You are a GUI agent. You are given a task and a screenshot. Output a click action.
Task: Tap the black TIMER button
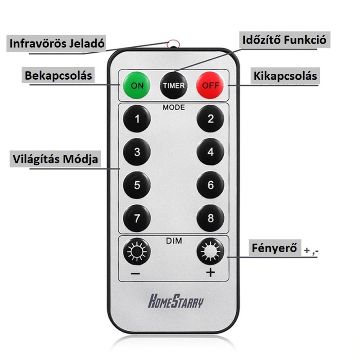[x=174, y=85]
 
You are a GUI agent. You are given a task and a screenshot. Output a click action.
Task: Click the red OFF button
[x=210, y=85]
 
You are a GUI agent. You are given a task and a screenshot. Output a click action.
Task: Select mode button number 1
[x=137, y=118]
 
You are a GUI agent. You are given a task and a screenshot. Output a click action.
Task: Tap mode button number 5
[x=137, y=185]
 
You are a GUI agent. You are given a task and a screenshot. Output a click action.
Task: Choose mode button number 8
[x=210, y=218]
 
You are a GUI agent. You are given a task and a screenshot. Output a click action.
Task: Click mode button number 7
[x=137, y=218]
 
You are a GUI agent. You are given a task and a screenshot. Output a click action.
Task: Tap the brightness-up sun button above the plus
[x=210, y=251]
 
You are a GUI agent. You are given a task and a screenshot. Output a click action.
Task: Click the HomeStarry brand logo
[x=176, y=301]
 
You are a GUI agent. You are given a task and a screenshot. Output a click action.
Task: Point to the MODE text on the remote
[x=174, y=107]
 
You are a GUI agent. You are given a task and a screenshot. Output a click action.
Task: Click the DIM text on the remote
[x=174, y=241]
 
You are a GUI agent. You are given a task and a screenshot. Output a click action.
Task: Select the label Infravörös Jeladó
[x=57, y=43]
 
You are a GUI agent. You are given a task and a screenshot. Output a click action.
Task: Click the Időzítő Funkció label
[x=284, y=40]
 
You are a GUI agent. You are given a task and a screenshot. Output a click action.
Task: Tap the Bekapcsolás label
[x=58, y=75]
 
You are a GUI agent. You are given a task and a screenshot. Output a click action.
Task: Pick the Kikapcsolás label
[x=285, y=76]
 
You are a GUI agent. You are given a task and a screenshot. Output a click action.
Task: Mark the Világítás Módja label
[x=55, y=159]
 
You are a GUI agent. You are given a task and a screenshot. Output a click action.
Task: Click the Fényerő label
[x=274, y=248]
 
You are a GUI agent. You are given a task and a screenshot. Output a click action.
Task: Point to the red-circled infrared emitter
[x=173, y=44]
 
